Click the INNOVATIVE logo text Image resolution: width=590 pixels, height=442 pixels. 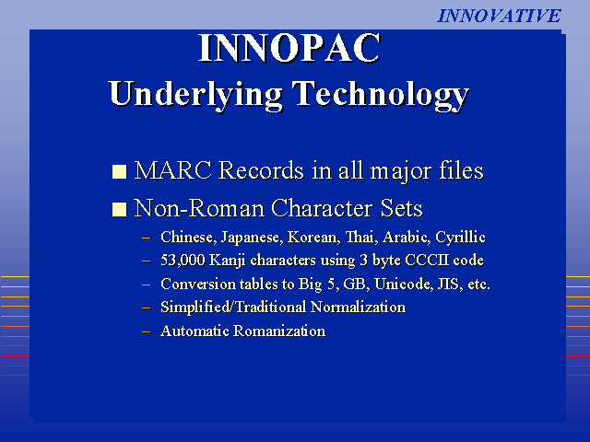tap(499, 16)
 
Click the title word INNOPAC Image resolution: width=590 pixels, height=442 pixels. tap(289, 48)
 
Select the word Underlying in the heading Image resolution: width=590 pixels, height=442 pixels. tap(195, 95)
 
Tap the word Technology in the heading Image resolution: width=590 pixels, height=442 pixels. tap(381, 95)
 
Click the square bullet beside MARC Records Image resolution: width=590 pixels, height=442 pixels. tap(119, 171)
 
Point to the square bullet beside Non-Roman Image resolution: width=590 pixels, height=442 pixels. tap(119, 209)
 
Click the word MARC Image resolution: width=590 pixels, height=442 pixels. tap(173, 170)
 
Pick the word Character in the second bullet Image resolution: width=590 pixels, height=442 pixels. tap(322, 208)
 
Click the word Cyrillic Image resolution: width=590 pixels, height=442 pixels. tap(460, 238)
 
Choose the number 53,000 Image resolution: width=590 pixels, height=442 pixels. tap(183, 261)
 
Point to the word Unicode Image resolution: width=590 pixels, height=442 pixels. tap(404, 284)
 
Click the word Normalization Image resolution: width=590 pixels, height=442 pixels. tap(359, 307)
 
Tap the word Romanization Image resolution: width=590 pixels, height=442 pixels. tap(279, 331)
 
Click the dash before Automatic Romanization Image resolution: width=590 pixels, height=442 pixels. tap(147, 331)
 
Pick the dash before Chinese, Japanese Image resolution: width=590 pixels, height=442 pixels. tap(147, 238)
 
